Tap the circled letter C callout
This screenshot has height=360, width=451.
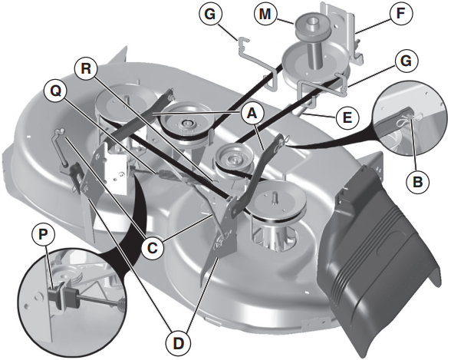tap(153, 248)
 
